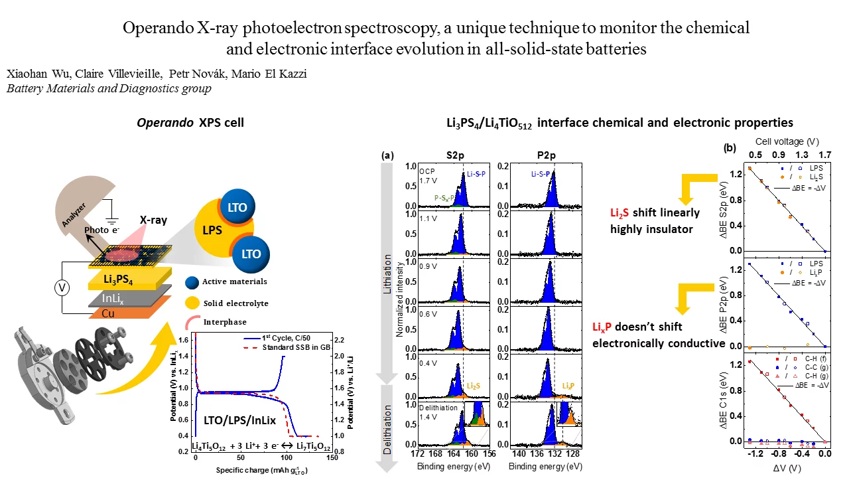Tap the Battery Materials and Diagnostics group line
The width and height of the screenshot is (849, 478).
[x=109, y=88]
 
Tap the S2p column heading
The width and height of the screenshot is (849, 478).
[x=455, y=155]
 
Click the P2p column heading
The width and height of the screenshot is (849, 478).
[x=546, y=155]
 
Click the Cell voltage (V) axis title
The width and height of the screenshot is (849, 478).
[x=787, y=142]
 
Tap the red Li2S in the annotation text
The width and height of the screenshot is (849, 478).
[x=621, y=213]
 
